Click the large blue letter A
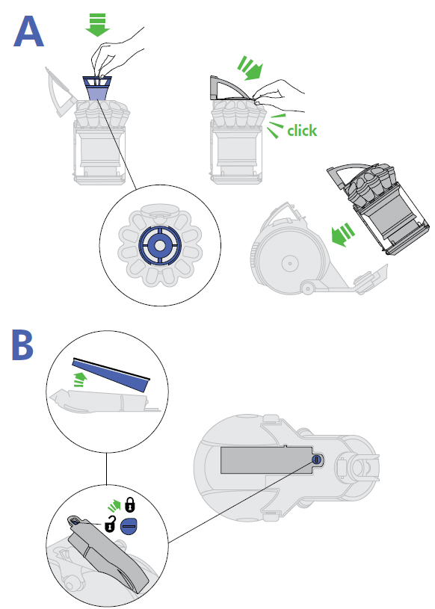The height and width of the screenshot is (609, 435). point(28,32)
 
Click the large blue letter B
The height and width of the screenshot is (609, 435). point(23,345)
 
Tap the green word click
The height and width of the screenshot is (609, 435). point(302,131)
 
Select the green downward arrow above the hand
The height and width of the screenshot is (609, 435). point(97,25)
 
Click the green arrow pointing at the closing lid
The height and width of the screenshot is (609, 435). point(250,67)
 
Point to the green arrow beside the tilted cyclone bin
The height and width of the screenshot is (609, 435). point(343,235)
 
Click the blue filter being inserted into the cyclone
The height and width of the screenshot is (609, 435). point(97,88)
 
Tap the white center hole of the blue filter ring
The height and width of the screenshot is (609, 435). point(160,245)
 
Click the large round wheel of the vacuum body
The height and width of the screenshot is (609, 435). point(289,263)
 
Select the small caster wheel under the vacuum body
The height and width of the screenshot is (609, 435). point(307,288)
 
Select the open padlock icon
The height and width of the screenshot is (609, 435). point(111,525)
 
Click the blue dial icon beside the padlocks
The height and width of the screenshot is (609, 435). point(129,526)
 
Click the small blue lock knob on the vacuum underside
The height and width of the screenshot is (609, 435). point(316,460)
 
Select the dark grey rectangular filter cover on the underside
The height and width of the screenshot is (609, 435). point(268,460)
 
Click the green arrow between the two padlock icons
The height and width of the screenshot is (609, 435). point(114,506)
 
